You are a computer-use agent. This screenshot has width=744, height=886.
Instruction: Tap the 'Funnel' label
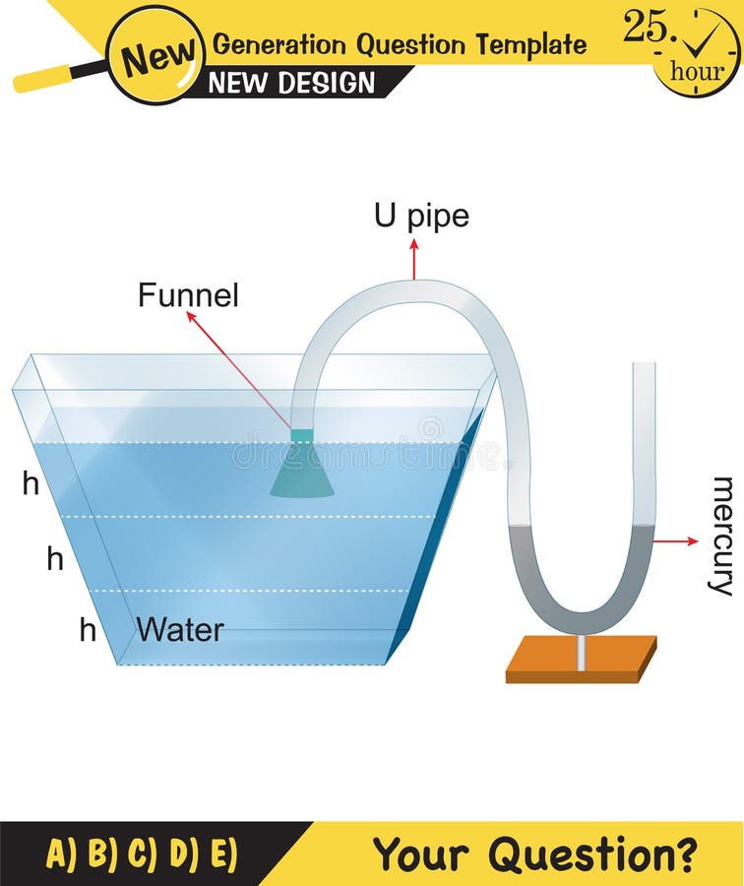coord(188,295)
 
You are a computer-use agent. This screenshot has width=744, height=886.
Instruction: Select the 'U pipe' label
coord(421,217)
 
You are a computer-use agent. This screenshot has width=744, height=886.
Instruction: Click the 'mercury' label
coord(722,536)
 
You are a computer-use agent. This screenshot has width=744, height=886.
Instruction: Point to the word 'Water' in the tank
coord(180,630)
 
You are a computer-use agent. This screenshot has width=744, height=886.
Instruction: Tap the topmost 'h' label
coord(31,483)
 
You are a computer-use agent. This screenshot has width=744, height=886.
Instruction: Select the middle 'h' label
coord(55,559)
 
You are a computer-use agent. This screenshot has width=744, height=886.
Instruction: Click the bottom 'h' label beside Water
coord(88,630)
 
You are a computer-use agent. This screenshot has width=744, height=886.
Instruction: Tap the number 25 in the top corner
coord(646,28)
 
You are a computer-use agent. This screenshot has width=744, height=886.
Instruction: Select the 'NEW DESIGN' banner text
coord(292,84)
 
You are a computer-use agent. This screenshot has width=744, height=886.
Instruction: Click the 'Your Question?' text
coord(535,853)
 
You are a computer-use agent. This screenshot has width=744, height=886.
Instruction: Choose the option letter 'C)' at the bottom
coord(142,854)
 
